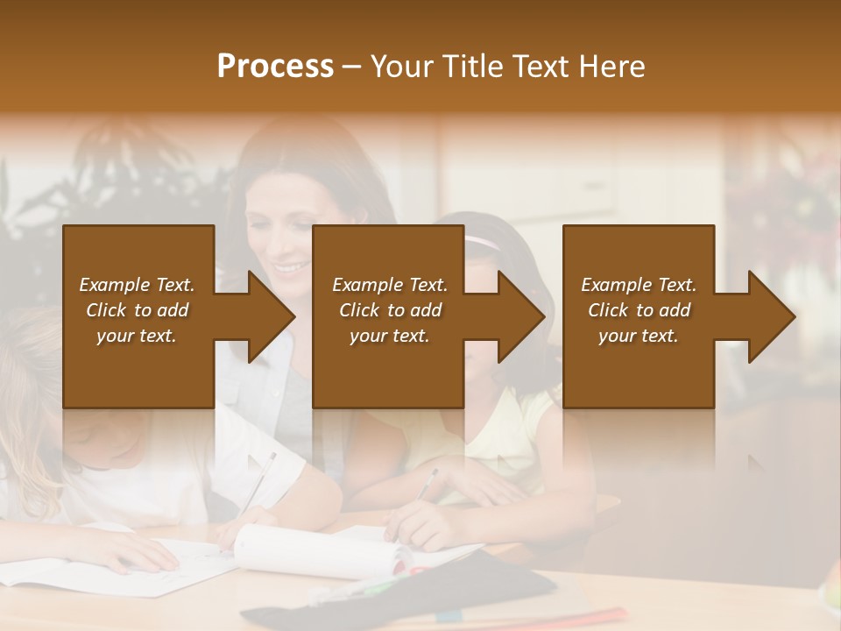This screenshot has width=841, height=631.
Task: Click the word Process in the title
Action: (275, 67)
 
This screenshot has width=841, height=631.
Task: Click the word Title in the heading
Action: (471, 67)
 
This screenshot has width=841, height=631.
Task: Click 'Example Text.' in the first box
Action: (137, 285)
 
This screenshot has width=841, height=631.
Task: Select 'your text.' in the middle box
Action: (389, 336)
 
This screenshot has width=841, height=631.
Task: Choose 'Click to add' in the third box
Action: (640, 310)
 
